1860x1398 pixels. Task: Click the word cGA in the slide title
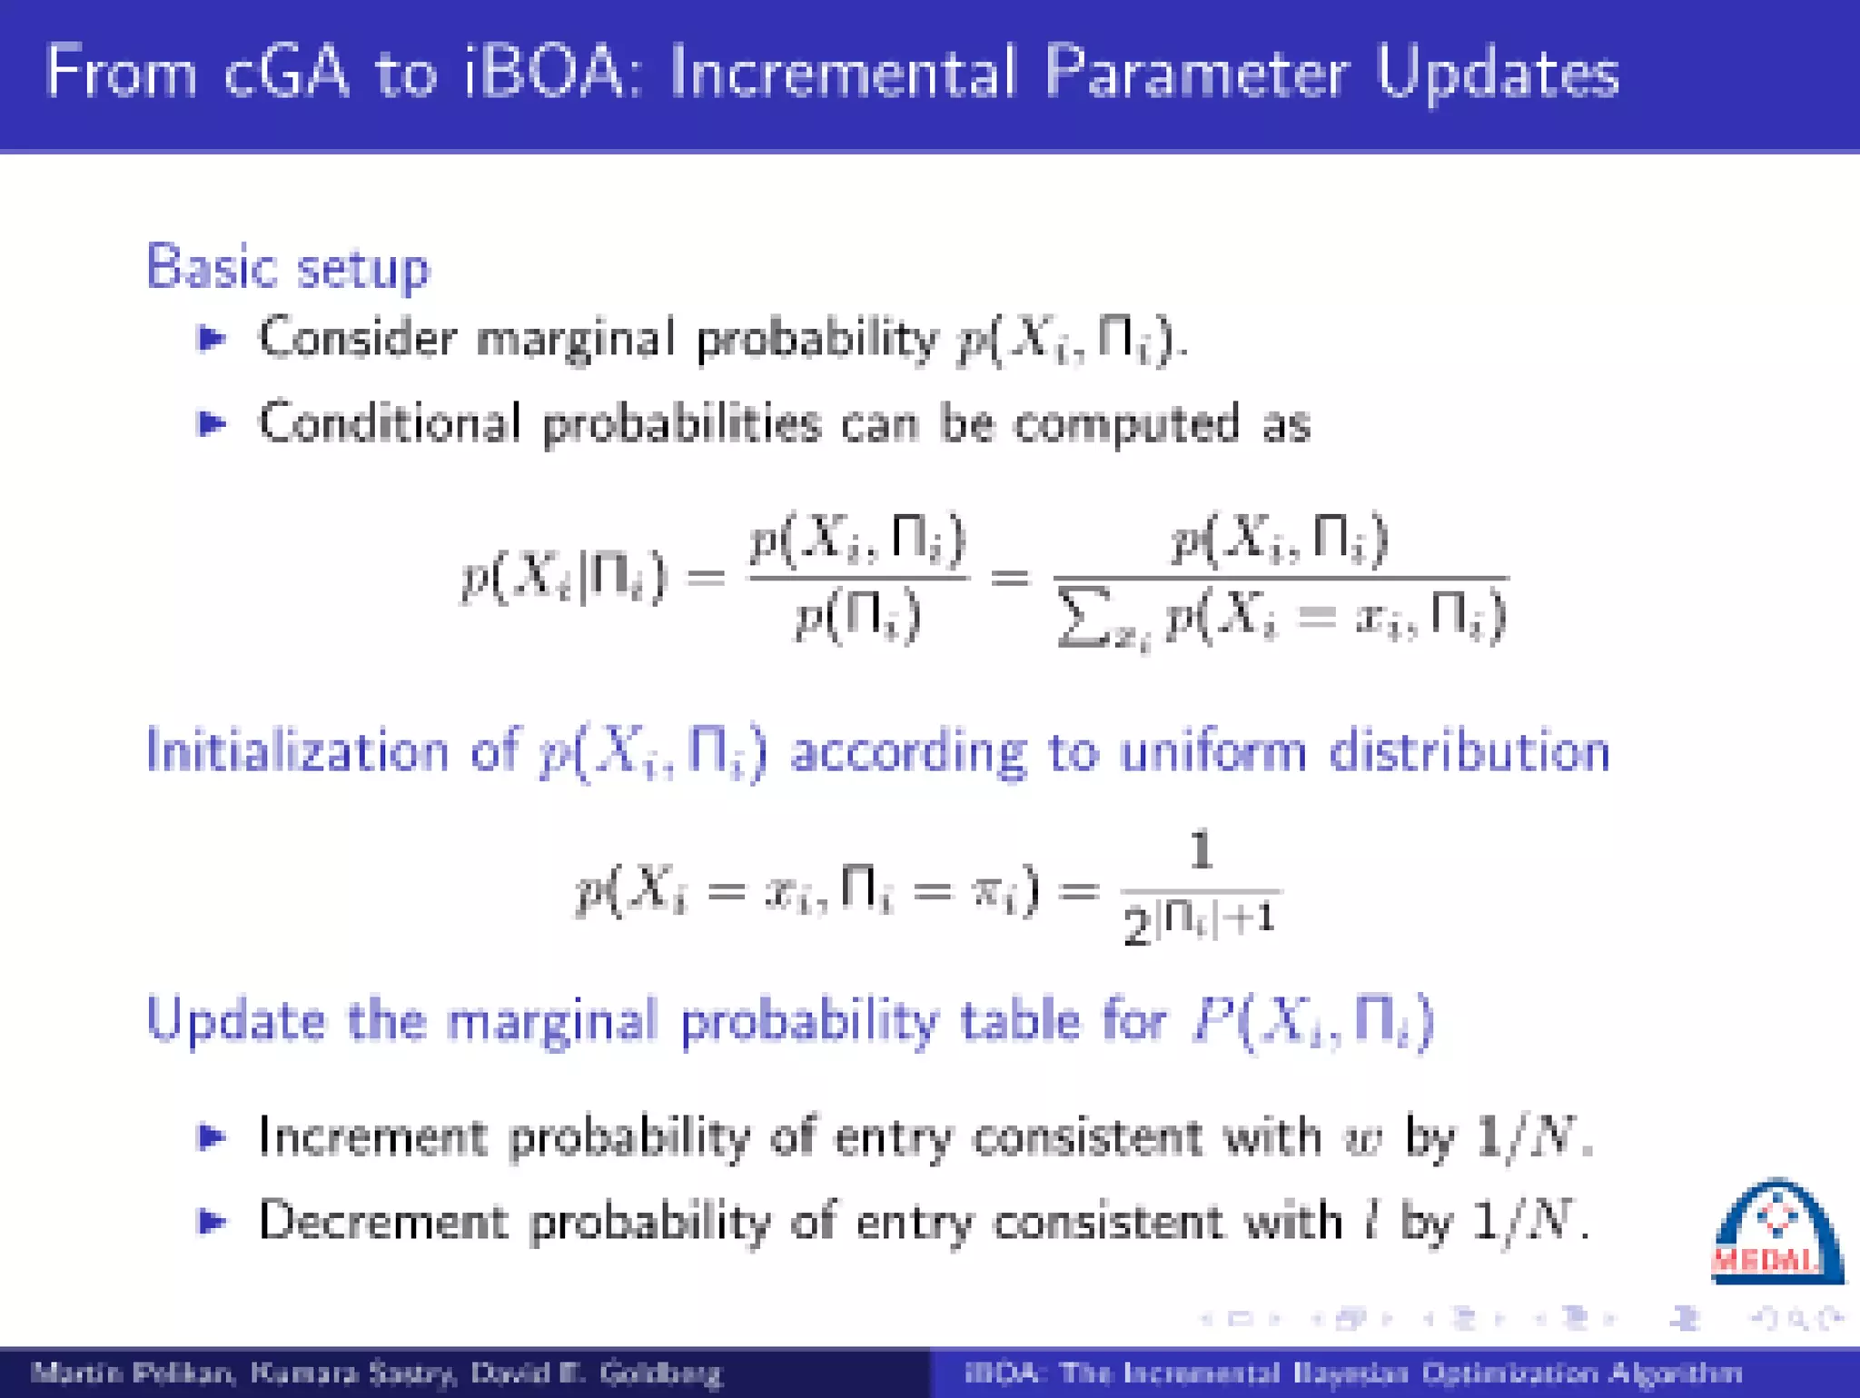286,72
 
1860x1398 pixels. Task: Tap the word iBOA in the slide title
542,72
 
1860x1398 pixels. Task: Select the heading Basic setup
287,269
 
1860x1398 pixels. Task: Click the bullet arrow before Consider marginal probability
212,339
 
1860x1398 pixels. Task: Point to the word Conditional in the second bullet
390,424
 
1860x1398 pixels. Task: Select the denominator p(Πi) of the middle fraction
857,618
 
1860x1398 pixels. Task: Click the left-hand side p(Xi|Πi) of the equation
564,578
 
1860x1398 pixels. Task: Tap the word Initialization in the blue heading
297,752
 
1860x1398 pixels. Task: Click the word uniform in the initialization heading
1212,752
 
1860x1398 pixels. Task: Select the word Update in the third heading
235,1021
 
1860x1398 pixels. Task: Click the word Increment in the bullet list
372,1137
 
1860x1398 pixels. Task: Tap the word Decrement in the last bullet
382,1222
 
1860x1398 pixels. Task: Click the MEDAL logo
1776,1234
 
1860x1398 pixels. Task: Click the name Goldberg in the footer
660,1373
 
